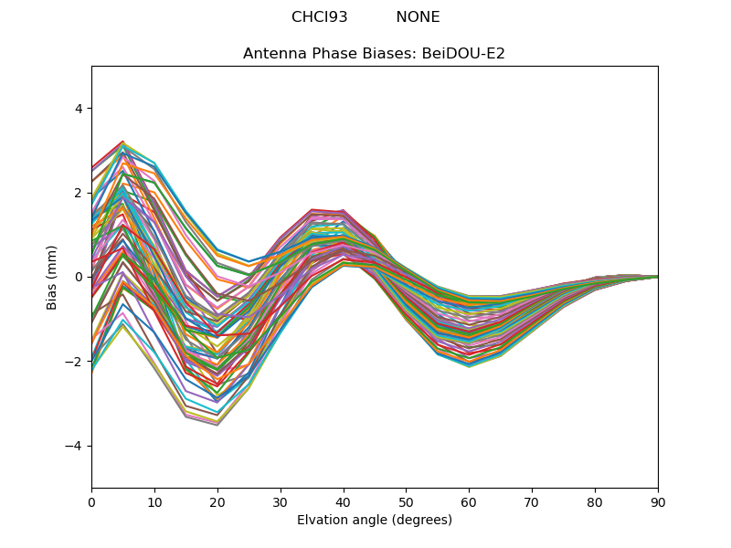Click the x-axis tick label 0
click(x=91, y=501)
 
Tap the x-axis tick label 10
click(x=154, y=501)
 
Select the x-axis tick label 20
click(x=217, y=501)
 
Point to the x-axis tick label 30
click(x=281, y=501)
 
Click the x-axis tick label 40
click(x=344, y=501)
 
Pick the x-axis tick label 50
click(x=406, y=501)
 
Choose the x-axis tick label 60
click(x=469, y=501)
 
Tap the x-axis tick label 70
click(x=532, y=501)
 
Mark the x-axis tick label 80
click(x=595, y=501)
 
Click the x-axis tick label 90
click(x=658, y=501)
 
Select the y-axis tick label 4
click(x=78, y=109)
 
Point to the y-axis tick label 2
click(x=78, y=193)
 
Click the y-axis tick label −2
click(x=74, y=362)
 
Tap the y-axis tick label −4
click(x=74, y=446)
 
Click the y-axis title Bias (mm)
click(x=52, y=277)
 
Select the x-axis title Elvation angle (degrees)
click(x=375, y=520)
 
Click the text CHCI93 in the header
click(x=320, y=17)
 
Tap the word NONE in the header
click(x=418, y=17)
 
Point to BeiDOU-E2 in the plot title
click(x=462, y=54)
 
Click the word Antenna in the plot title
click(x=271, y=54)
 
